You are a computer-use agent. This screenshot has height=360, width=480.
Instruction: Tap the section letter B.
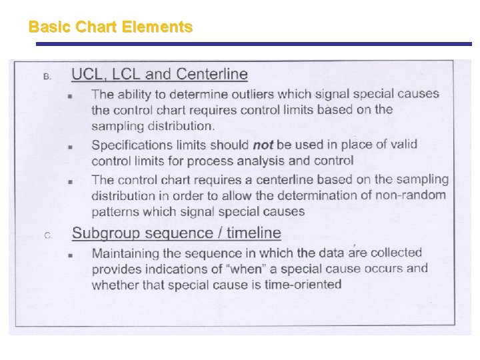(x=47, y=76)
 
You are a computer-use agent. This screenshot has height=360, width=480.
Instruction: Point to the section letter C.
(x=47, y=235)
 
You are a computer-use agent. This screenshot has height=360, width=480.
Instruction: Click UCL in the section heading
(x=87, y=74)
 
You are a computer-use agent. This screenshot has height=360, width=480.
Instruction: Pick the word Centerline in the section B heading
(x=210, y=74)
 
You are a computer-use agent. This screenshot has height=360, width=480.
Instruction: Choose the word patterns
(x=115, y=211)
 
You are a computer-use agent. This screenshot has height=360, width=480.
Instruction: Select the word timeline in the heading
(x=254, y=233)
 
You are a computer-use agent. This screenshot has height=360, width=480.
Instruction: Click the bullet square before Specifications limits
(x=70, y=147)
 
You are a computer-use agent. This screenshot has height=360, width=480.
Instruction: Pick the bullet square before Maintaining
(x=70, y=255)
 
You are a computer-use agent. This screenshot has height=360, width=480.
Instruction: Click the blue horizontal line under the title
(x=253, y=44)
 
